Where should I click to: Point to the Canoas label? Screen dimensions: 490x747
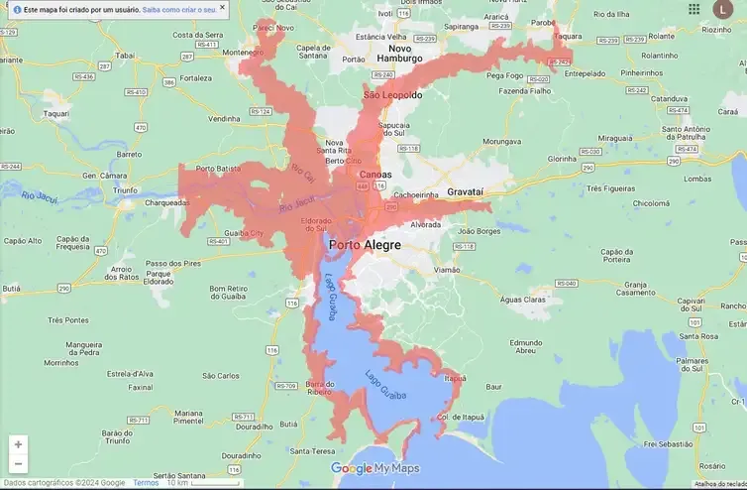coord(374,175)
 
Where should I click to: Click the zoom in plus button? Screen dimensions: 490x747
coord(18,444)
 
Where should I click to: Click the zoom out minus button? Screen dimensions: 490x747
coord(18,463)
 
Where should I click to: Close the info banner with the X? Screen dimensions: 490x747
coord(222,8)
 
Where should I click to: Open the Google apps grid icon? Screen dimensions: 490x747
coord(694,9)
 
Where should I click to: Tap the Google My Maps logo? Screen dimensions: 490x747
coord(374,468)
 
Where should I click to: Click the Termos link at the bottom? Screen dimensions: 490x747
coord(146,483)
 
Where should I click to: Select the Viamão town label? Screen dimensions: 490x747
coord(447,269)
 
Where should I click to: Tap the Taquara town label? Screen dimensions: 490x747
coord(568,36)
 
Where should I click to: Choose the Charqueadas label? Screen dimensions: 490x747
coord(166,202)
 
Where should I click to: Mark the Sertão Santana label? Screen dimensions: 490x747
coord(178,476)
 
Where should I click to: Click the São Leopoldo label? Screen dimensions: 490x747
coord(392,95)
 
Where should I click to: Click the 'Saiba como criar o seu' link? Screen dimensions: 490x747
coord(178,8)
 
